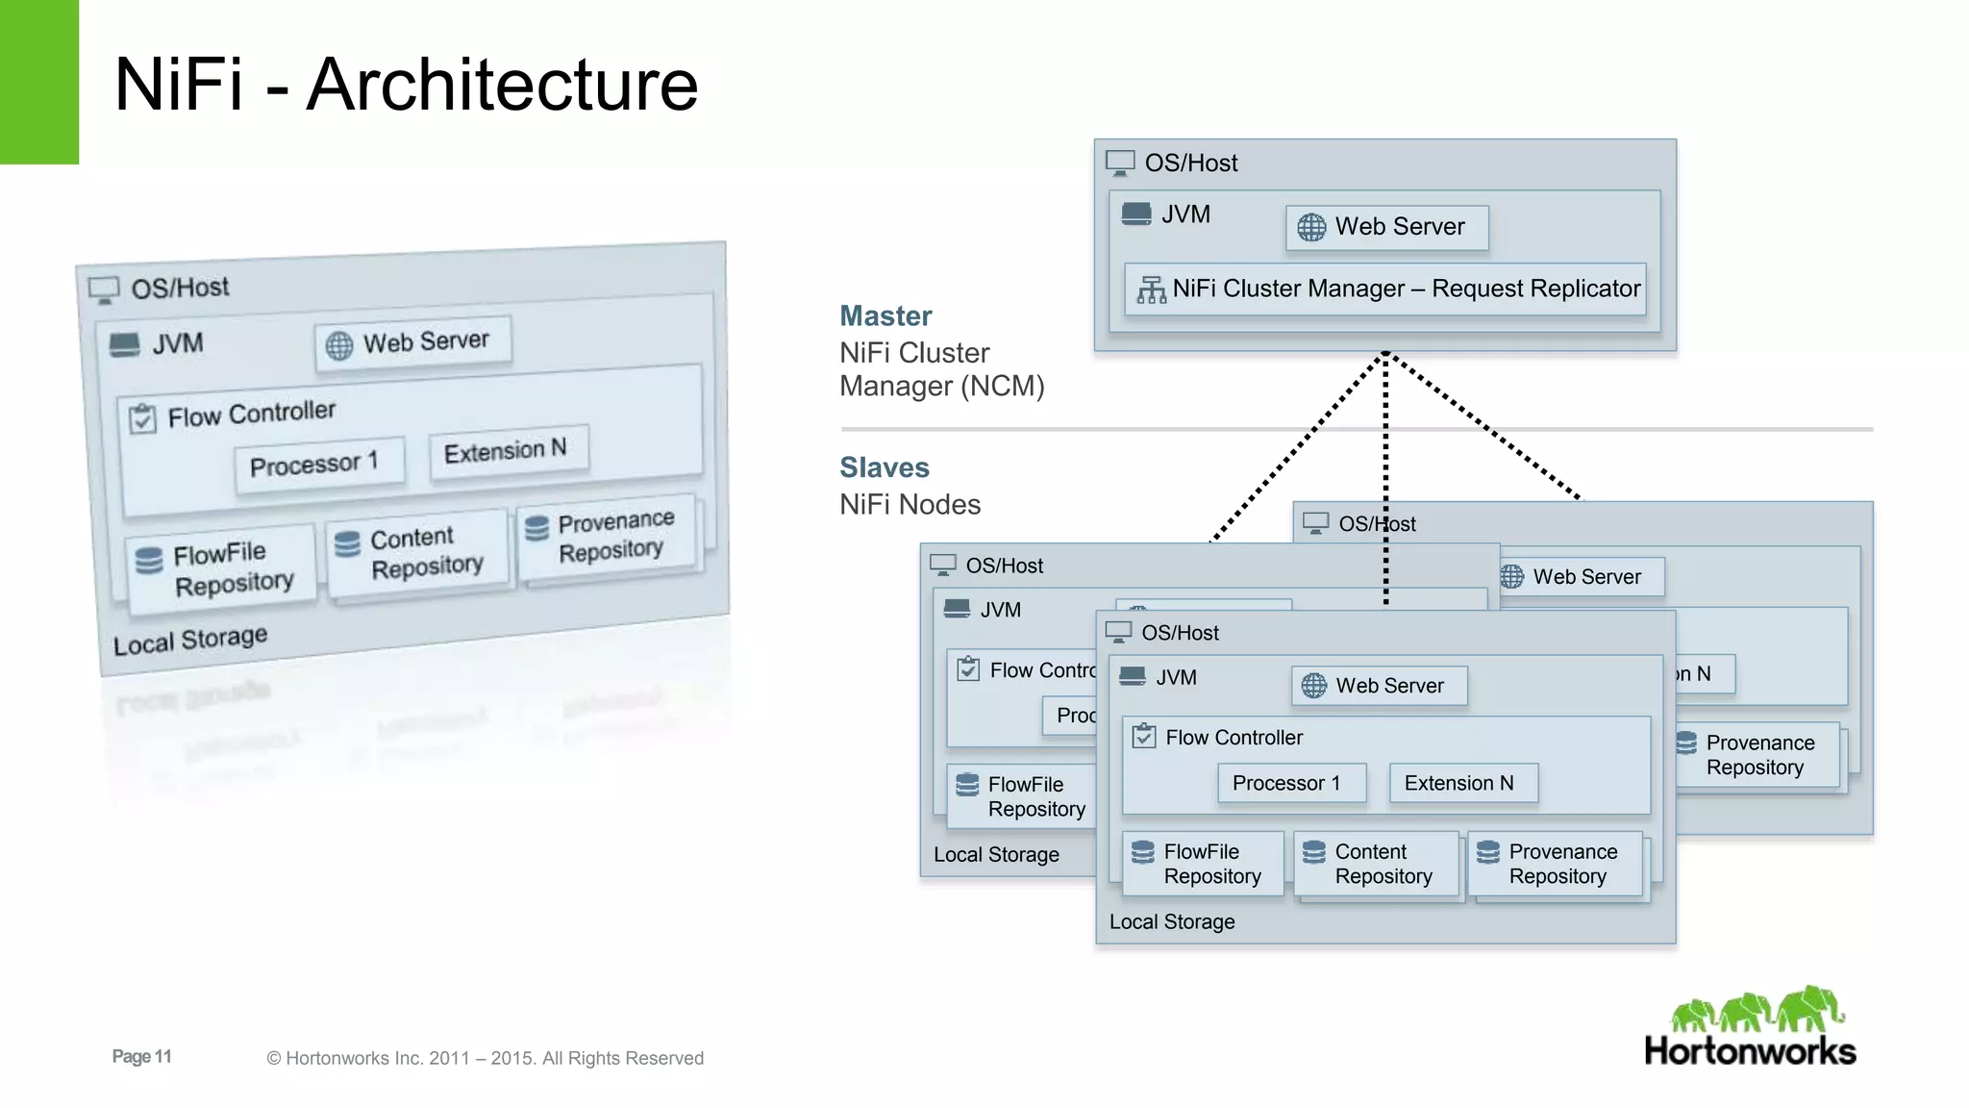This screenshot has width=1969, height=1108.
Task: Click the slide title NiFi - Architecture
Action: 406,85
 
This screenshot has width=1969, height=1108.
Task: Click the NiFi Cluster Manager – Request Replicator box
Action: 1385,289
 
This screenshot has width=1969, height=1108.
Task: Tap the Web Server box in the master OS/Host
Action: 1386,227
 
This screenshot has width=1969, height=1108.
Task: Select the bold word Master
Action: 885,316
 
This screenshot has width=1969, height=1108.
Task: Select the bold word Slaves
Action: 885,467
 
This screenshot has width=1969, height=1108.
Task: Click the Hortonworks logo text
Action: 1750,1050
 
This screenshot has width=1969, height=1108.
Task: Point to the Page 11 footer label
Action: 141,1056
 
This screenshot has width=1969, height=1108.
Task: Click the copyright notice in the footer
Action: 485,1058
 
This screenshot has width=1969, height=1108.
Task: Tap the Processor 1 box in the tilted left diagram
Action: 318,464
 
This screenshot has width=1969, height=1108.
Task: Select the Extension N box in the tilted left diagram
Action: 507,449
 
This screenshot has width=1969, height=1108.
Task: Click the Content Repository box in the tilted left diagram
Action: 417,552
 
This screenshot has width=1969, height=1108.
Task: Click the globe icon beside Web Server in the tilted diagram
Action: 339,346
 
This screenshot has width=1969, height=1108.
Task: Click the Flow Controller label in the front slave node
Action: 1234,738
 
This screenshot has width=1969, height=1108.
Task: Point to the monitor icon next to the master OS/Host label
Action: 1120,163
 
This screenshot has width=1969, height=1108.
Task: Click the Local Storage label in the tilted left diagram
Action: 190,640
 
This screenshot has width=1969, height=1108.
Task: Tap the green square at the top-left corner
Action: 38,82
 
